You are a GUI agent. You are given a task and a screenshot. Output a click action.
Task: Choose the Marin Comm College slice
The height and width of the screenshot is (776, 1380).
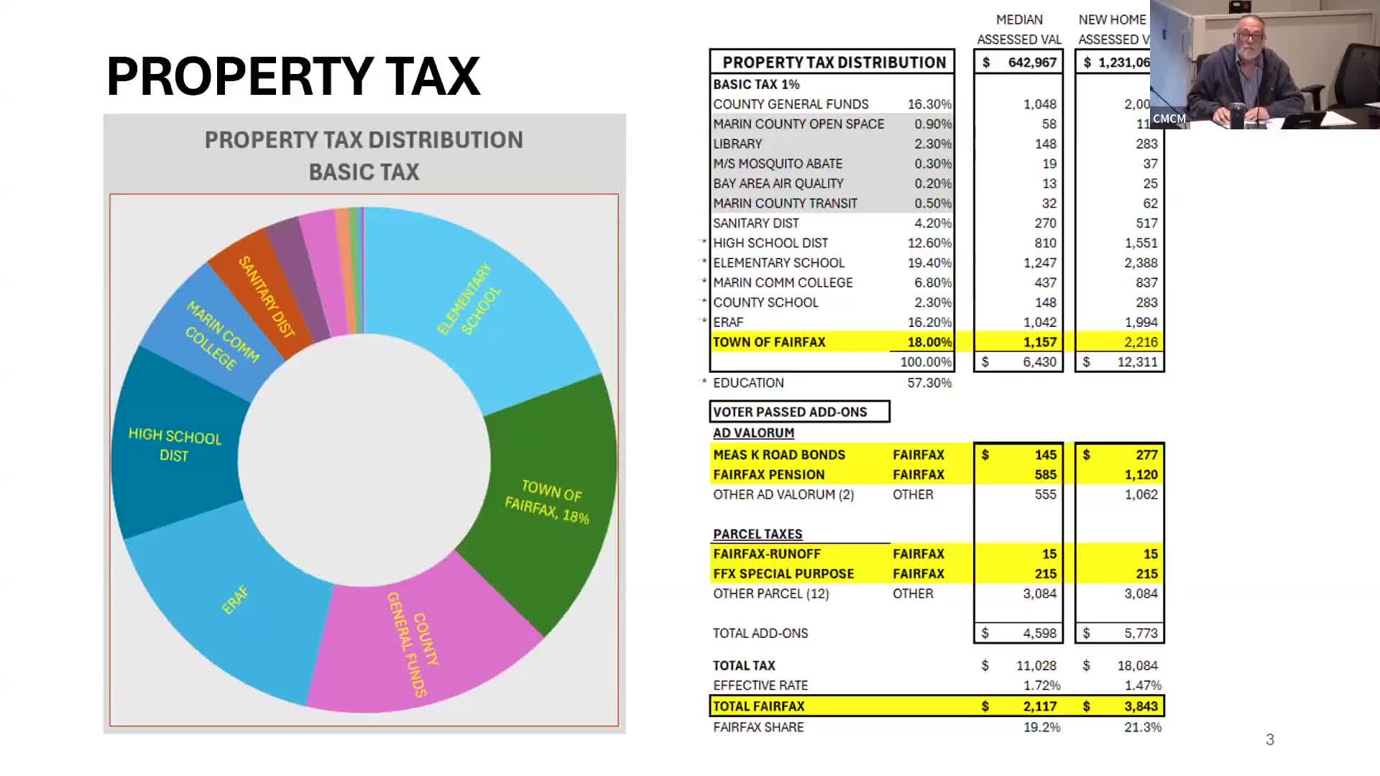tap(216, 338)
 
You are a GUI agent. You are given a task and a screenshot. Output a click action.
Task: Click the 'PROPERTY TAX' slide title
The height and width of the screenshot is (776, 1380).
tap(293, 76)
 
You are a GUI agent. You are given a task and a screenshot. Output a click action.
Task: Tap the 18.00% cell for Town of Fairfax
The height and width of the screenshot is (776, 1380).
tap(929, 342)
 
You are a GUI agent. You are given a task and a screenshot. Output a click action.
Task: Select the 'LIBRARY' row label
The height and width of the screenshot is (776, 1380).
tap(737, 144)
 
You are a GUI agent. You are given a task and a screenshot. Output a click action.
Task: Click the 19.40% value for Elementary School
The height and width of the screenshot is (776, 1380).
tap(929, 263)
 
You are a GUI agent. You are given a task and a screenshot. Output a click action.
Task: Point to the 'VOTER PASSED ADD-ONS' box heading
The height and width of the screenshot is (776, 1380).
tap(790, 412)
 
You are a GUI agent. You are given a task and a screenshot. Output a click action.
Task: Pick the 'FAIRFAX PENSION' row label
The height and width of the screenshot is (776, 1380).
tap(768, 474)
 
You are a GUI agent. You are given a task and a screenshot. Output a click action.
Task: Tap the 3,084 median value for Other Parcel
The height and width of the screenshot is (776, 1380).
tap(1039, 593)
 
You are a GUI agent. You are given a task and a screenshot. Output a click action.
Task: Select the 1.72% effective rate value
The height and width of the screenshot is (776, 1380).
tap(1041, 685)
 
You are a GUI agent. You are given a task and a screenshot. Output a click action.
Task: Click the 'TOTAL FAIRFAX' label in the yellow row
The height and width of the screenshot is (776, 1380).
tap(758, 706)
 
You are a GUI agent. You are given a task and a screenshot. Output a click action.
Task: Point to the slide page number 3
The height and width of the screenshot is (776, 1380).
tap(1270, 740)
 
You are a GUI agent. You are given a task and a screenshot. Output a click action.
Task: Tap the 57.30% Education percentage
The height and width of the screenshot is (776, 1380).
tap(929, 383)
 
